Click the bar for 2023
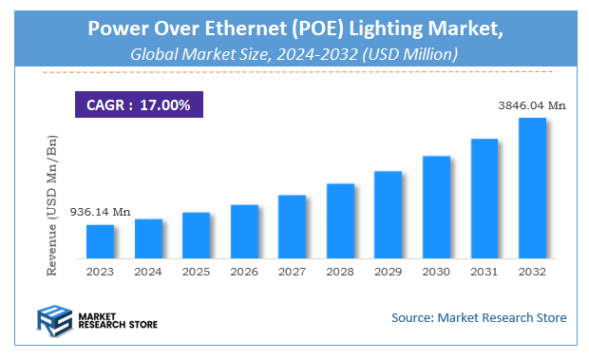click(x=100, y=241)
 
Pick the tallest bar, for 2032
click(x=532, y=187)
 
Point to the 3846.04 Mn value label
click(x=532, y=105)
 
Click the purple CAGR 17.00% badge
click(x=139, y=104)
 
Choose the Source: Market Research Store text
click(x=478, y=317)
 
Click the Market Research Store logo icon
click(x=53, y=319)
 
